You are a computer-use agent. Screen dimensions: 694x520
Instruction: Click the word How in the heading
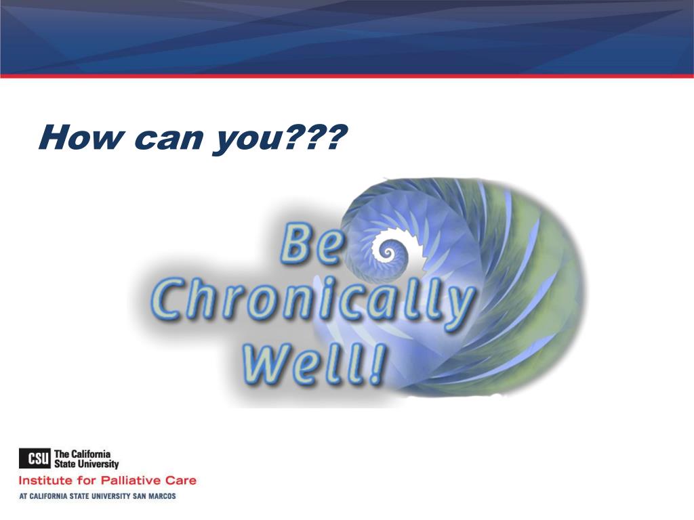80,137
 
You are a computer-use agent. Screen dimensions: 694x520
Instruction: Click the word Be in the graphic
312,244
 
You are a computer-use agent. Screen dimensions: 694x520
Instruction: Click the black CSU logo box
35,458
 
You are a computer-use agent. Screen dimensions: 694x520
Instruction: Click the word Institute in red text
46,480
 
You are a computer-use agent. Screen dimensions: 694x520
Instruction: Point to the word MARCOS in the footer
161,496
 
